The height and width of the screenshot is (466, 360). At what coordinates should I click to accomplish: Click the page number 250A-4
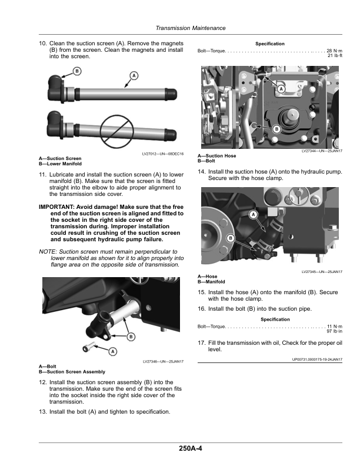(x=191, y=448)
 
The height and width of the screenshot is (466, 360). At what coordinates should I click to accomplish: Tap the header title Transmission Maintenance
(x=191, y=28)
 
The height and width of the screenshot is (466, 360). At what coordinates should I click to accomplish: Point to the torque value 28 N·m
(x=335, y=51)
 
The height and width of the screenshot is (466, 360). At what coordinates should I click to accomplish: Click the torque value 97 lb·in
(x=335, y=331)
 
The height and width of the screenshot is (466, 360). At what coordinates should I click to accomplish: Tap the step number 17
(x=202, y=343)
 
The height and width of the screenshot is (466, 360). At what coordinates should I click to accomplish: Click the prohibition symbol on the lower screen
(x=116, y=131)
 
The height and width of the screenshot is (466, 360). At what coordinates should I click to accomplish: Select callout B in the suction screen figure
(x=77, y=71)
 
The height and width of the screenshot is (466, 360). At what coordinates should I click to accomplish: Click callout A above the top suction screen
(x=134, y=76)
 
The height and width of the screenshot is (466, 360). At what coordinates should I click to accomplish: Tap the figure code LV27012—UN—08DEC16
(x=163, y=154)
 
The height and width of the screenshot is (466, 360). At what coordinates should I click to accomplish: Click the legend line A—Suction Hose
(x=217, y=156)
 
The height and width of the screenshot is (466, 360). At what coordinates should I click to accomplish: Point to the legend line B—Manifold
(x=211, y=282)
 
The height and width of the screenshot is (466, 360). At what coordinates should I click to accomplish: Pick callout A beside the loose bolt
(x=112, y=352)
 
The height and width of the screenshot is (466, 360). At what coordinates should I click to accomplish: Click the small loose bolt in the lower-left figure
(x=88, y=347)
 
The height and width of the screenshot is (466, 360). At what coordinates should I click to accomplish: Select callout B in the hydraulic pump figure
(x=277, y=129)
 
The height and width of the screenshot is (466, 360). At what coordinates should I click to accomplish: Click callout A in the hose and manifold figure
(x=254, y=214)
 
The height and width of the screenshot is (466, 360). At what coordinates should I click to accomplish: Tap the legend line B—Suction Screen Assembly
(x=72, y=372)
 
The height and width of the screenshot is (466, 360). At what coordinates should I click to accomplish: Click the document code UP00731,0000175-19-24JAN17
(x=317, y=360)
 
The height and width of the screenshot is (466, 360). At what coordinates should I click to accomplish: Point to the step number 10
(x=43, y=44)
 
